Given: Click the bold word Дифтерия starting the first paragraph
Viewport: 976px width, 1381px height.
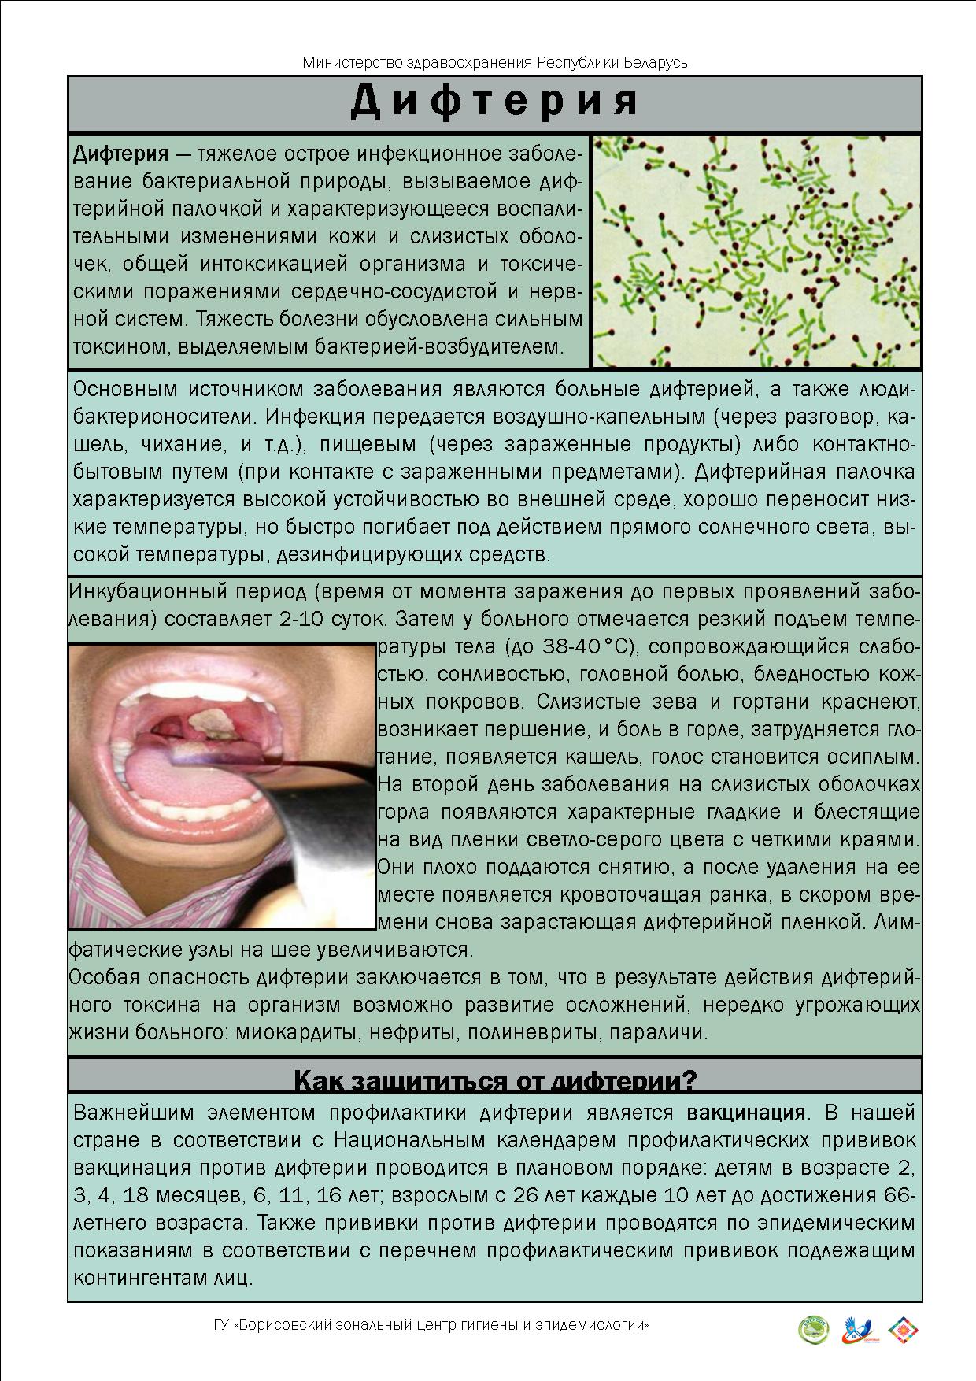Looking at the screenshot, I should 120,154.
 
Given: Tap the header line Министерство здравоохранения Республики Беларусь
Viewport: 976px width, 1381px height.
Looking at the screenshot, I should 494,62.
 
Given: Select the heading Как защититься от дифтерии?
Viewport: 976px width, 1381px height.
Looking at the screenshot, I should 494,1081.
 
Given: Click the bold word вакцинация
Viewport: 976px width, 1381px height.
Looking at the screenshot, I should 747,1113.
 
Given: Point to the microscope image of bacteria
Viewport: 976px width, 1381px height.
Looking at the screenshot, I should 756,251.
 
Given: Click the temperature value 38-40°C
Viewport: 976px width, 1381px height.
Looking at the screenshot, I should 589,646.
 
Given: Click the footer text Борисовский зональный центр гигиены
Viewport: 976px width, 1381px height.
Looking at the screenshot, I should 431,1325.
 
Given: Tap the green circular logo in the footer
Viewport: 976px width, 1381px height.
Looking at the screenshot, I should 814,1330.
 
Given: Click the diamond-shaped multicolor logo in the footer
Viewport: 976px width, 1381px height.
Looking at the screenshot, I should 904,1330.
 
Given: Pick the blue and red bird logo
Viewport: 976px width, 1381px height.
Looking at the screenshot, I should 858,1330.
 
